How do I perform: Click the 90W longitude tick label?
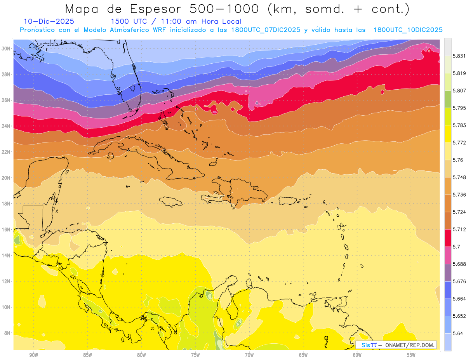tap(33, 355)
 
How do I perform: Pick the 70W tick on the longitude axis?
tap(249, 355)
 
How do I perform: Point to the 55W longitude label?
tap(411, 355)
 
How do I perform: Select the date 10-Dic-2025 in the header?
tap(49, 22)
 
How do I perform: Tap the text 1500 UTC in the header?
tap(129, 22)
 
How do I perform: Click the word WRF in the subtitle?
tap(161, 30)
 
